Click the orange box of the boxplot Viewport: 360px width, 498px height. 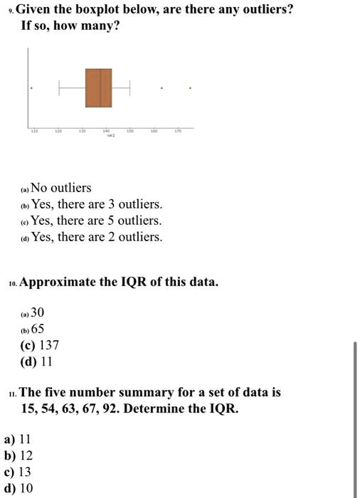point(99,88)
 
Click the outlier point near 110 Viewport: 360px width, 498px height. point(31,88)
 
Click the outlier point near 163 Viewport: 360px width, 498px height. point(162,88)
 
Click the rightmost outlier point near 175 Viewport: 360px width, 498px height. point(189,88)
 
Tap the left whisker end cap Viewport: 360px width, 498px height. point(59,88)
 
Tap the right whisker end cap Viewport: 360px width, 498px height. point(130,88)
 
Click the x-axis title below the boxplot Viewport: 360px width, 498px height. point(110,137)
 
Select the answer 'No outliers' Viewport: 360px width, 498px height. point(61,188)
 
